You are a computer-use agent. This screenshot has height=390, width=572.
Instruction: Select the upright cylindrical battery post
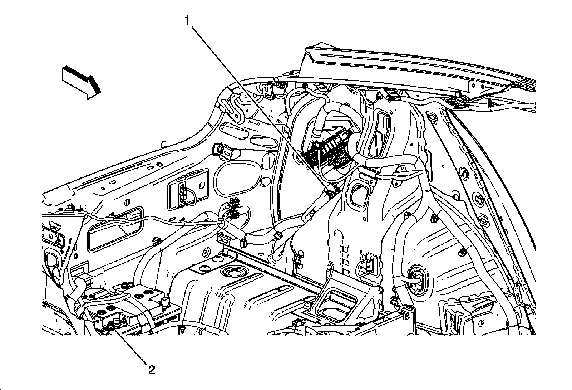click(x=165, y=301)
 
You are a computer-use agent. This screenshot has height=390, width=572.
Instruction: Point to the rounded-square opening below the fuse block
click(x=358, y=195)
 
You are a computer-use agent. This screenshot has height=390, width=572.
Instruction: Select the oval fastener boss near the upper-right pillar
click(x=432, y=117)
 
